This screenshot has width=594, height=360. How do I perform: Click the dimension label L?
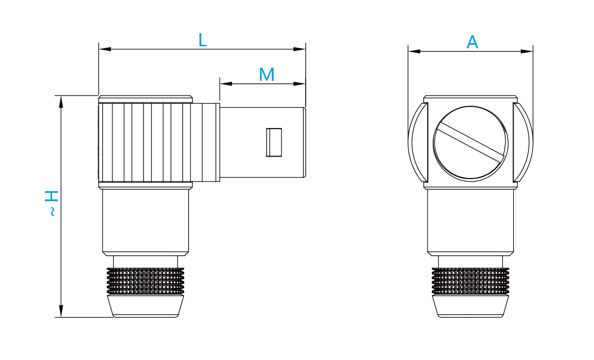pos(202,40)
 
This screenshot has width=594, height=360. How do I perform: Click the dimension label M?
pos(266,75)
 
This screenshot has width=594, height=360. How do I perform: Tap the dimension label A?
pos(472,42)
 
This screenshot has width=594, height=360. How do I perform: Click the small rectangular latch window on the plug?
pos(274,142)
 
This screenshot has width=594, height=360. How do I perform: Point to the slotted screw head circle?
pos(470,143)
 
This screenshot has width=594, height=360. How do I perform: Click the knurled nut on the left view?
pos(145,281)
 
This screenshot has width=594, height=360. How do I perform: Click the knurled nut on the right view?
pos(470,281)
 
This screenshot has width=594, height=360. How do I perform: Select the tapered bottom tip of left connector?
pos(145,306)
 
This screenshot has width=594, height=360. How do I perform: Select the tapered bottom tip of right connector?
pos(470,306)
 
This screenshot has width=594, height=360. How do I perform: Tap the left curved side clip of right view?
pos(417,142)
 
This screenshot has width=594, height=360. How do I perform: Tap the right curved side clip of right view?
pos(524,142)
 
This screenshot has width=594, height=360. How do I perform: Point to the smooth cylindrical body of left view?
pos(145,221)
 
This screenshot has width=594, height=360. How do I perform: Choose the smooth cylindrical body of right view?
pos(470,221)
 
